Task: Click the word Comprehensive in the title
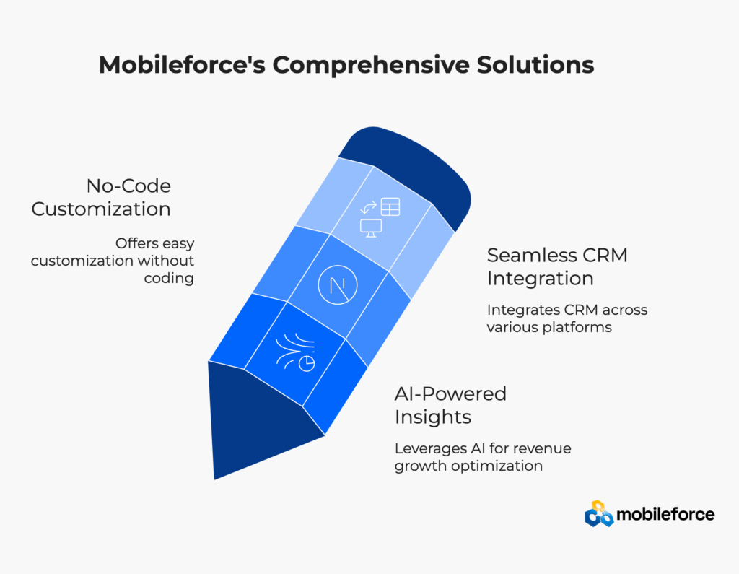371,65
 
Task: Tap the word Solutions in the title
535,64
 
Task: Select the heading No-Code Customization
101,198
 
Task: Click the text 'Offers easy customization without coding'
113,261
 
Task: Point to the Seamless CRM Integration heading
557,266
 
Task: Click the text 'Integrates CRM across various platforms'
567,318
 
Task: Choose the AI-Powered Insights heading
450,405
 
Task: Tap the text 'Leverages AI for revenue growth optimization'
483,456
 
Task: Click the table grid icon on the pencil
390,206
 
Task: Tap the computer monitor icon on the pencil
371,228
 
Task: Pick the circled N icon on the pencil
338,285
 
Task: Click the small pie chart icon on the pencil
307,364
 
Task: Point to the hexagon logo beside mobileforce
599,513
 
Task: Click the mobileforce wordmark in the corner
665,514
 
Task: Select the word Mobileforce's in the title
182,64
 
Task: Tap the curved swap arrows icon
369,206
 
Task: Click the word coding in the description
169,278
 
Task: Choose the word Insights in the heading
433,417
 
